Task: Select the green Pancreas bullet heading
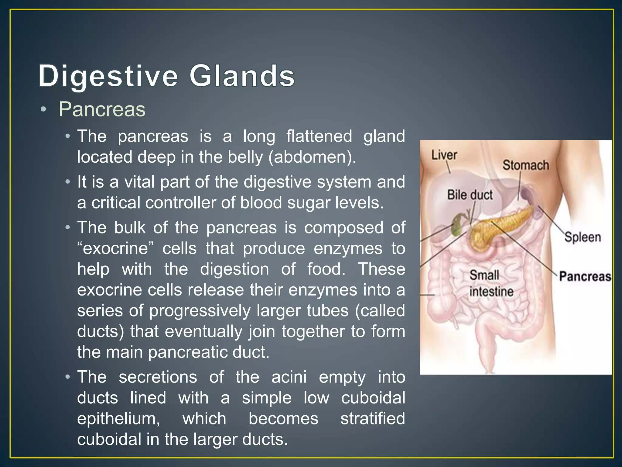(102, 109)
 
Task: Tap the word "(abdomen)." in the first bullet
(312, 157)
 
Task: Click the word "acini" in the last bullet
(289, 377)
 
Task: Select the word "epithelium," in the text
(118, 419)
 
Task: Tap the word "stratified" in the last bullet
(373, 418)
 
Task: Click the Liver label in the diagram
(444, 155)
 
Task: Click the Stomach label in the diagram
(526, 165)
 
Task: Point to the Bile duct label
(470, 195)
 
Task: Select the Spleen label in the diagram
(583, 237)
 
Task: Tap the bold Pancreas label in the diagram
(585, 276)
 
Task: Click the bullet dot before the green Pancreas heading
(43, 110)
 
